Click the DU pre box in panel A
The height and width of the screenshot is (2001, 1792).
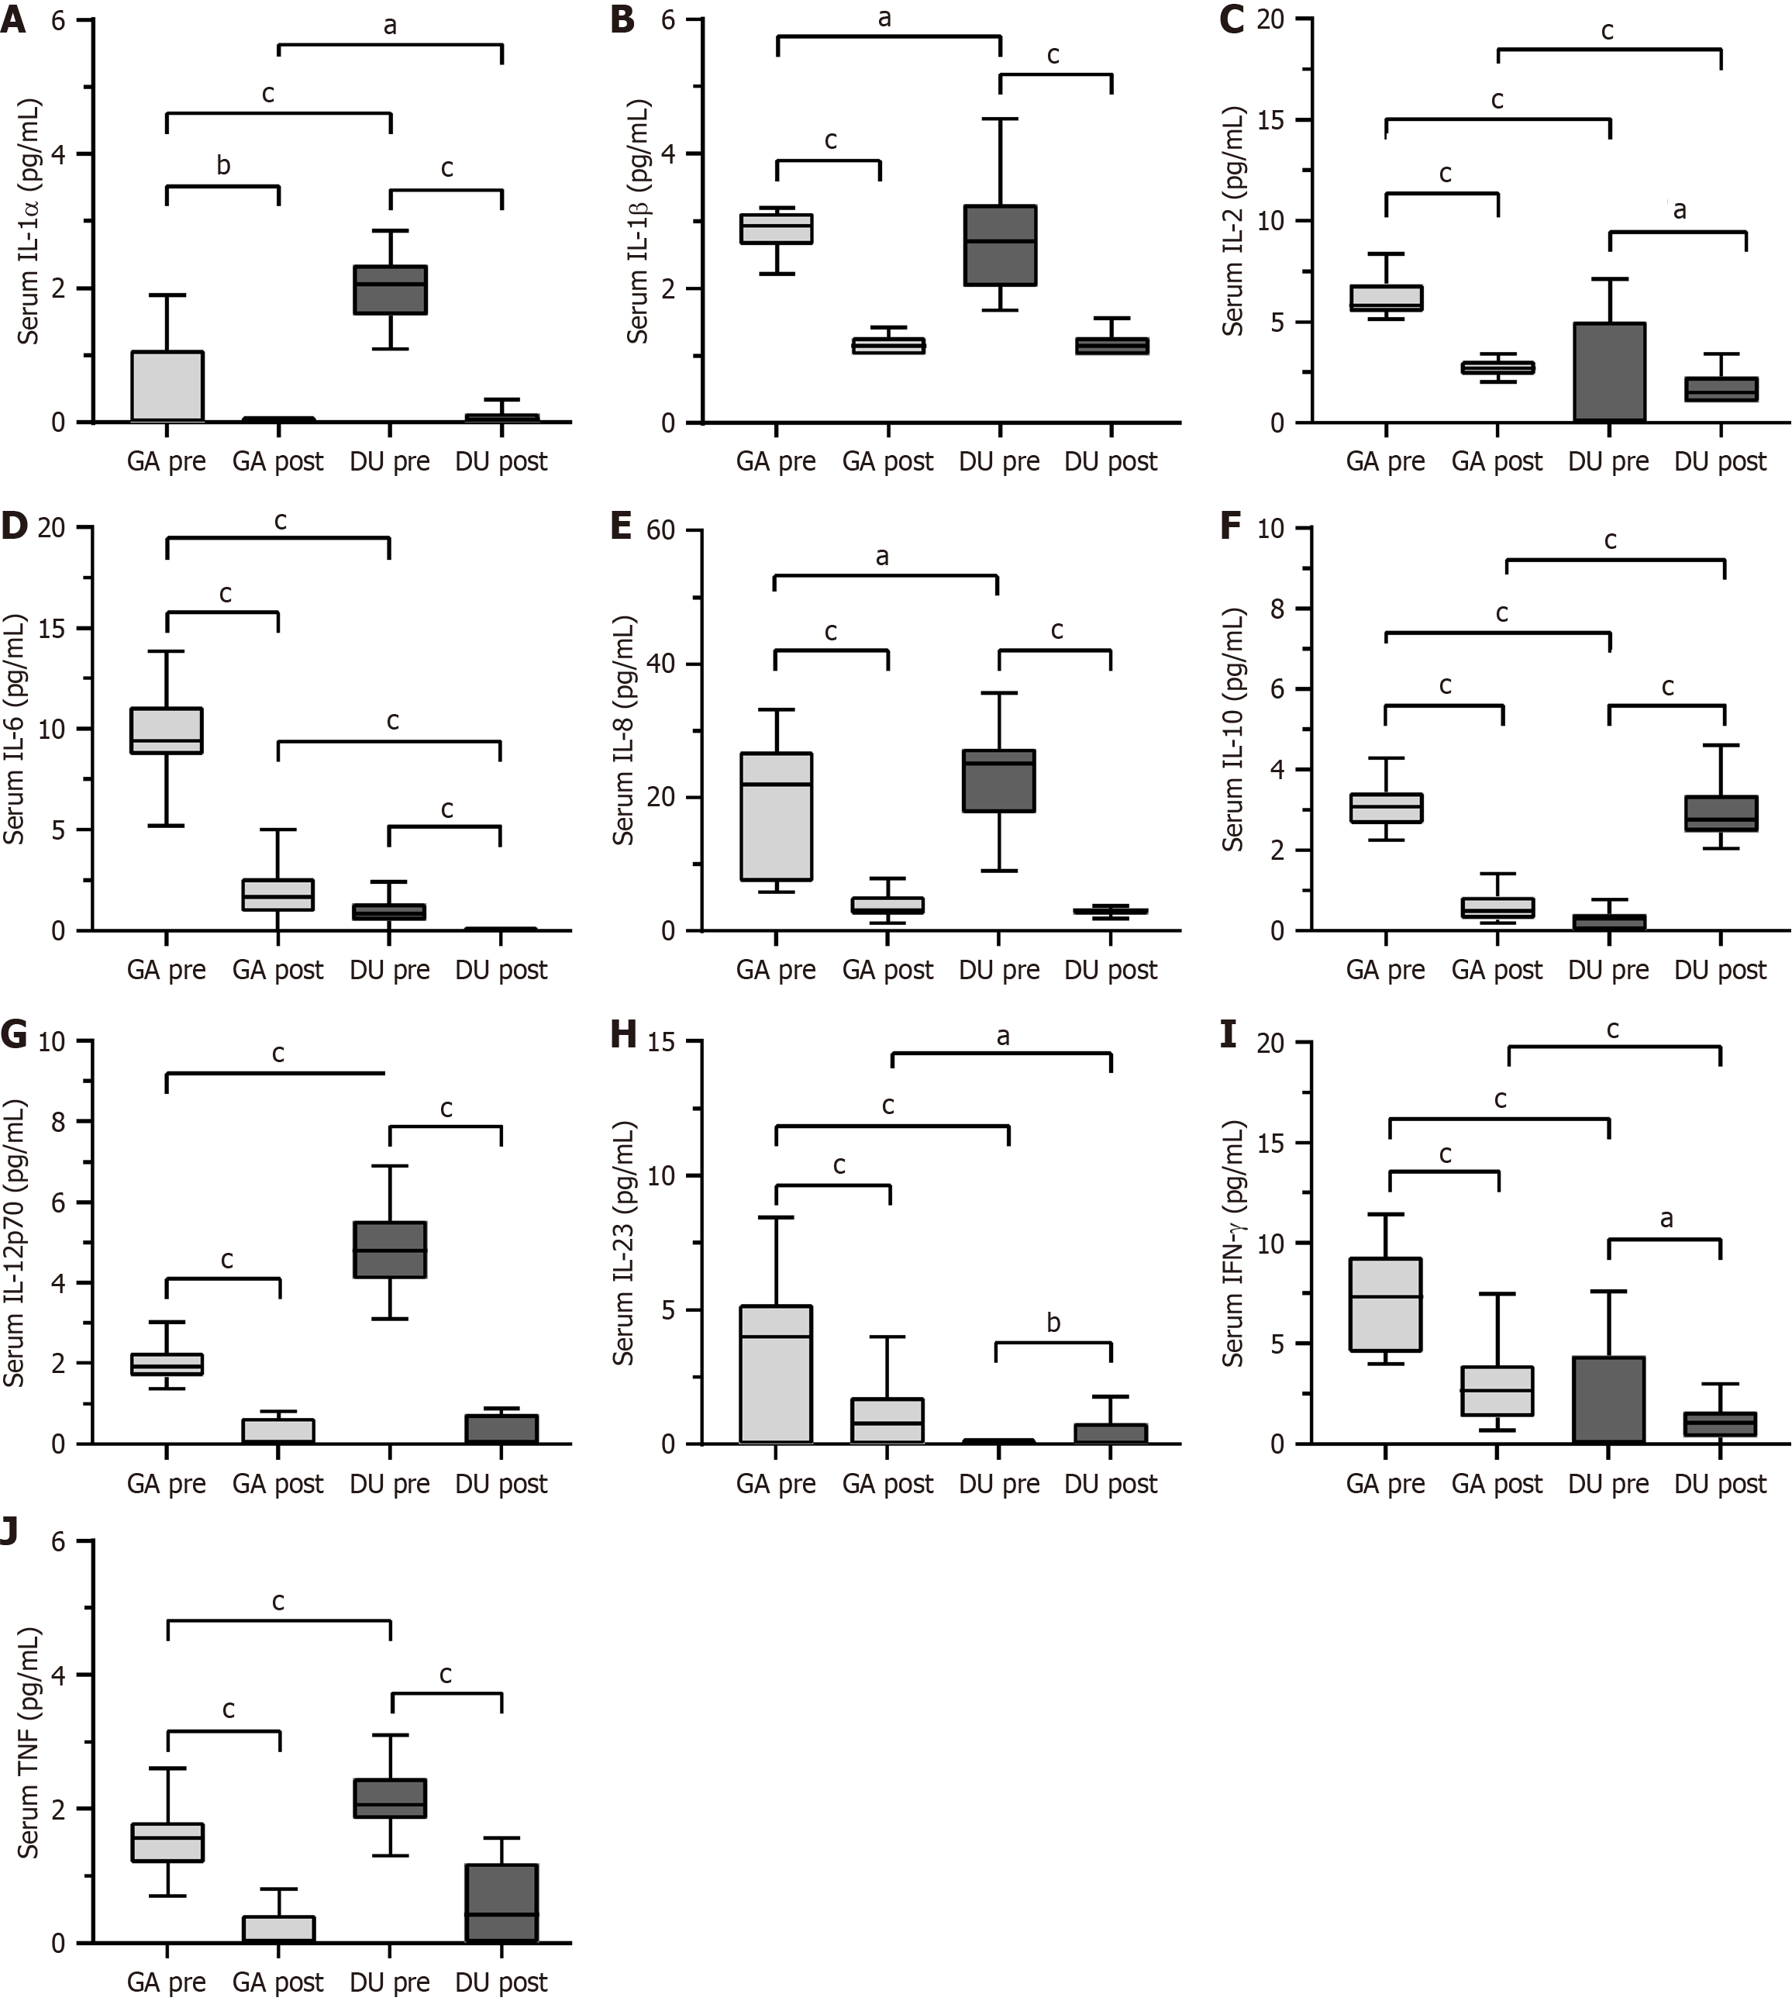point(390,289)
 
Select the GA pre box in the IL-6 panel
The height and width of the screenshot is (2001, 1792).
point(167,730)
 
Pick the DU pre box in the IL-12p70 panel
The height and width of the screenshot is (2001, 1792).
point(390,1250)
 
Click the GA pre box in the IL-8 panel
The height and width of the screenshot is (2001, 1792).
point(776,816)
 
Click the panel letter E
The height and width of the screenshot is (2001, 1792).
point(622,527)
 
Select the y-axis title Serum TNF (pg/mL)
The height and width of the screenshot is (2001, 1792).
point(28,1743)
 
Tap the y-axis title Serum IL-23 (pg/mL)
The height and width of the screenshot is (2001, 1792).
point(623,1243)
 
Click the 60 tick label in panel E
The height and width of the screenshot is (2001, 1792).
point(660,531)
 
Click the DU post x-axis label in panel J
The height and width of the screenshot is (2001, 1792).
point(501,1982)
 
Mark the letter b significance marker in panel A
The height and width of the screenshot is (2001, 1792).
point(223,165)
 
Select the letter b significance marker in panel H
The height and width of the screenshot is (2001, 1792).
point(1053,1323)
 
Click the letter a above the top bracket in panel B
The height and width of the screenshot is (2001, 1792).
point(884,18)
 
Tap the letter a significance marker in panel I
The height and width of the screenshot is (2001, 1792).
point(1666,1219)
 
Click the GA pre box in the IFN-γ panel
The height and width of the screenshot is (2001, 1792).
point(1385,1305)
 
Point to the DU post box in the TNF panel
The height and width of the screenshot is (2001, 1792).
point(501,1903)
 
